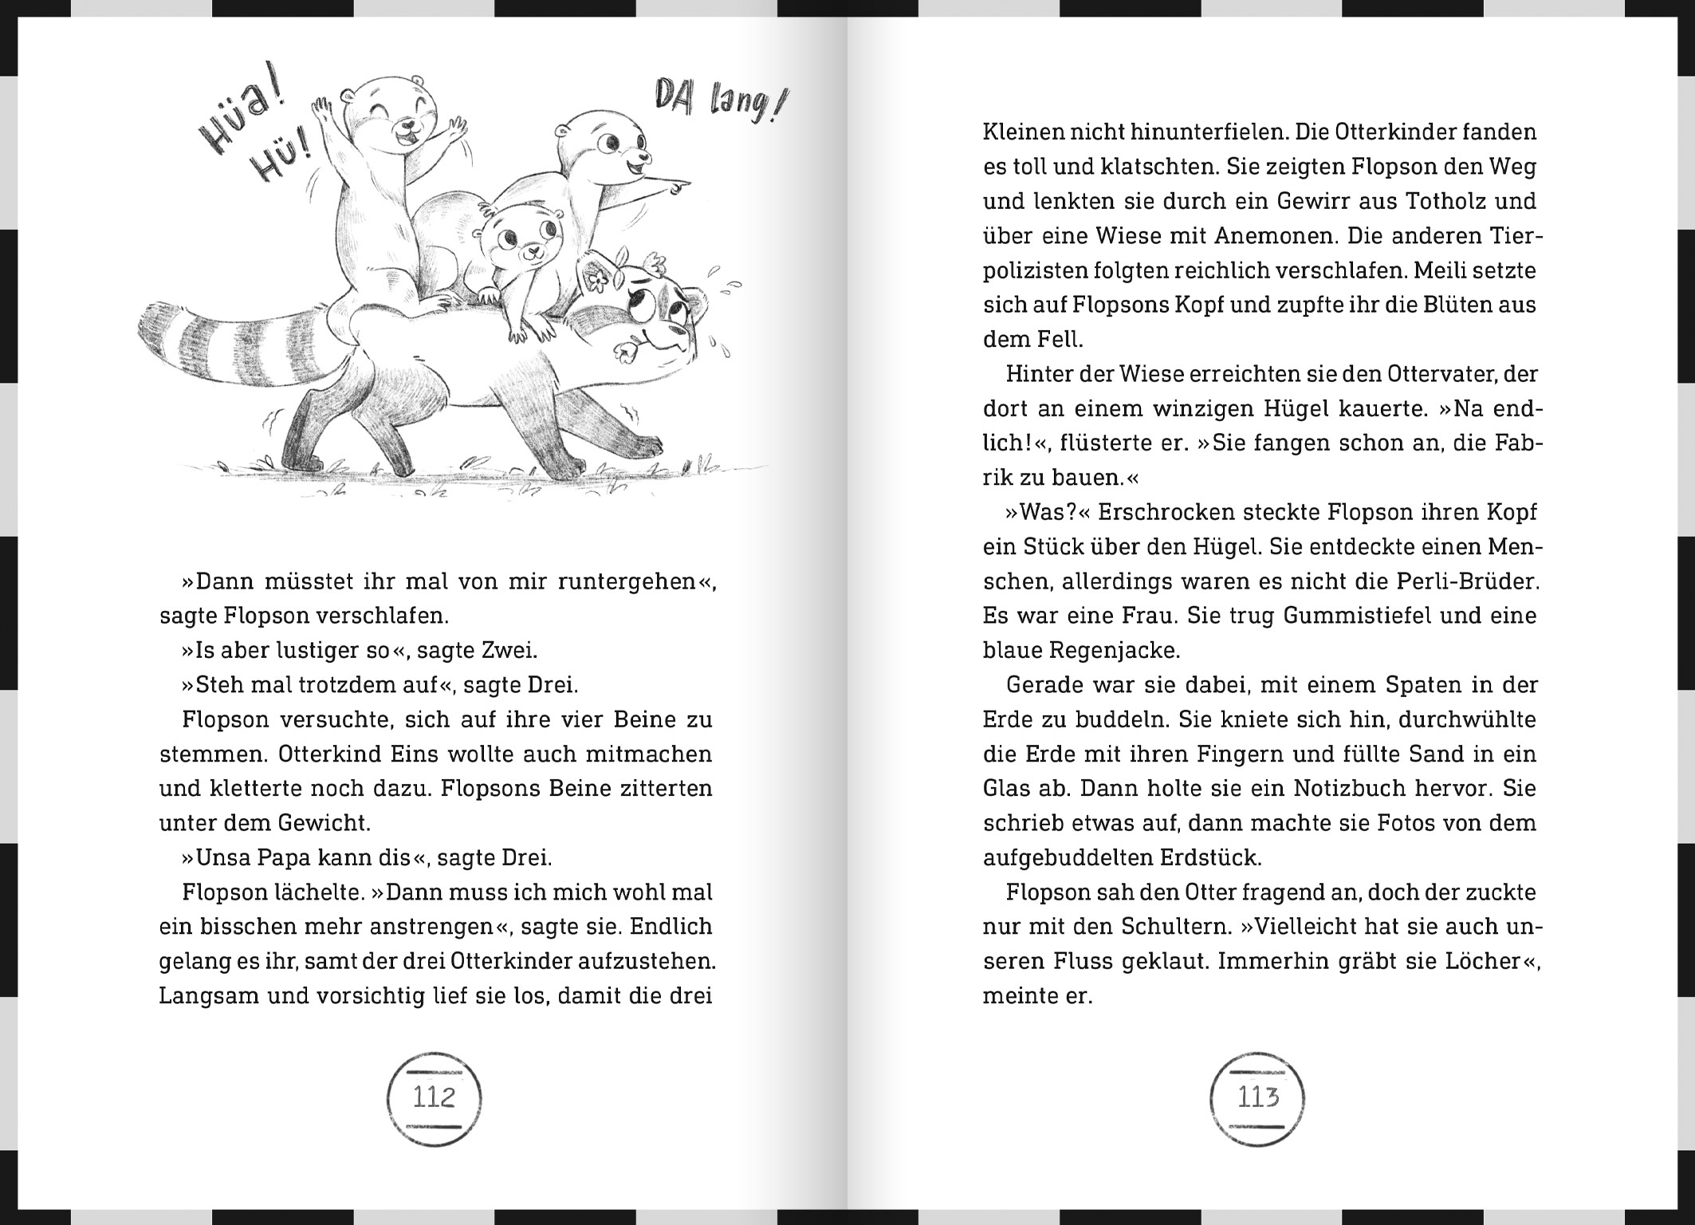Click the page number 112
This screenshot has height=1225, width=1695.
point(434,1098)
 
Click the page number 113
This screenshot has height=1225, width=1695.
point(1257,1098)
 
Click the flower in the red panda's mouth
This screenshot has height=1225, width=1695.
point(626,348)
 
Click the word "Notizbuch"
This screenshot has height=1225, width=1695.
point(1347,789)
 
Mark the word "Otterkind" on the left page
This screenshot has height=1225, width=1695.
point(327,754)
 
